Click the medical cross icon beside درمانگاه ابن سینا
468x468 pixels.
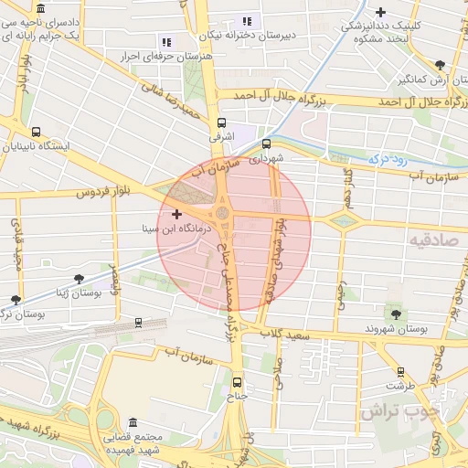click(x=176, y=214)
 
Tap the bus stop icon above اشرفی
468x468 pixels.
click(x=221, y=122)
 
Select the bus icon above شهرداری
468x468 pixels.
click(x=266, y=143)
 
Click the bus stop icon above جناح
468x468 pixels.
click(x=238, y=382)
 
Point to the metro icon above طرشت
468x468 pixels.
click(x=399, y=371)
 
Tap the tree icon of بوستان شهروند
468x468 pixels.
click(x=396, y=314)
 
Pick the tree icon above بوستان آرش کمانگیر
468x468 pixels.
click(x=441, y=64)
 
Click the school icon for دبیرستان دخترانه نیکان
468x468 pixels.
click(x=246, y=21)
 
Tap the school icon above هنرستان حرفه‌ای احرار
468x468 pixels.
click(x=165, y=41)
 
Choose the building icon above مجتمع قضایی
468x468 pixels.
click(x=133, y=423)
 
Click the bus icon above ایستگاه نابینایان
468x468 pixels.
click(x=36, y=132)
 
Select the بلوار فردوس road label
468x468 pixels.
click(x=89, y=194)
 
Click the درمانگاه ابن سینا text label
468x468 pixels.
click(x=184, y=229)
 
